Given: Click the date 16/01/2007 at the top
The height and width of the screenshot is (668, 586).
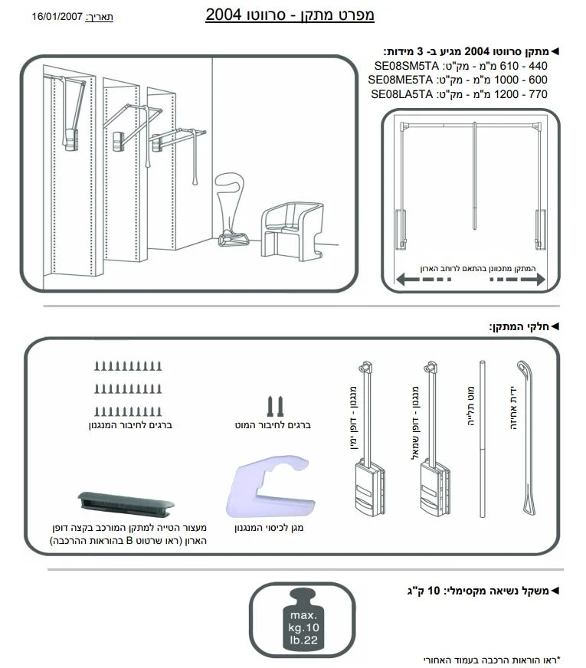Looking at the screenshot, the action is click(57, 17).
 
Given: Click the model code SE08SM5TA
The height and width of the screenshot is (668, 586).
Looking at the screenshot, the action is click(406, 66).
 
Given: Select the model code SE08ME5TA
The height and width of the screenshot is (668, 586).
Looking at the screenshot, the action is click(401, 80).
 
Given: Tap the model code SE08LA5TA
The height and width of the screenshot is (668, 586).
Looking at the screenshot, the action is click(401, 94).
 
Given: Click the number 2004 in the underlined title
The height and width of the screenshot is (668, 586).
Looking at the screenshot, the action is click(224, 15).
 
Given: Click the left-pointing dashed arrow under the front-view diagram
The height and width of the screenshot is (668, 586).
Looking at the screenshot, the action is click(424, 280).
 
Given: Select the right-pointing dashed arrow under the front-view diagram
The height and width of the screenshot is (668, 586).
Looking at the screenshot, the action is click(517, 280).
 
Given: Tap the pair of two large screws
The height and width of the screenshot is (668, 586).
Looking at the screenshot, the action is click(275, 407).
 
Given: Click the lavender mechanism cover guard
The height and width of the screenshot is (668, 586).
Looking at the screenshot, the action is click(270, 486).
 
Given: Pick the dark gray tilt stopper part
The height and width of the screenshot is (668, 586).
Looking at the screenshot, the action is click(126, 502).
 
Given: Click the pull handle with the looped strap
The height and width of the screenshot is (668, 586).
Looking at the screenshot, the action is click(526, 437).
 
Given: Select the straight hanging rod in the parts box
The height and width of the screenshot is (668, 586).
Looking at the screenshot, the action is click(482, 439).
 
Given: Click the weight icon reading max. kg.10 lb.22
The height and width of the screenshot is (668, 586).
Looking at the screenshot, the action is click(303, 619).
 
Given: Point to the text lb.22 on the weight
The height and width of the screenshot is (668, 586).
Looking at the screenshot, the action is click(303, 640).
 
